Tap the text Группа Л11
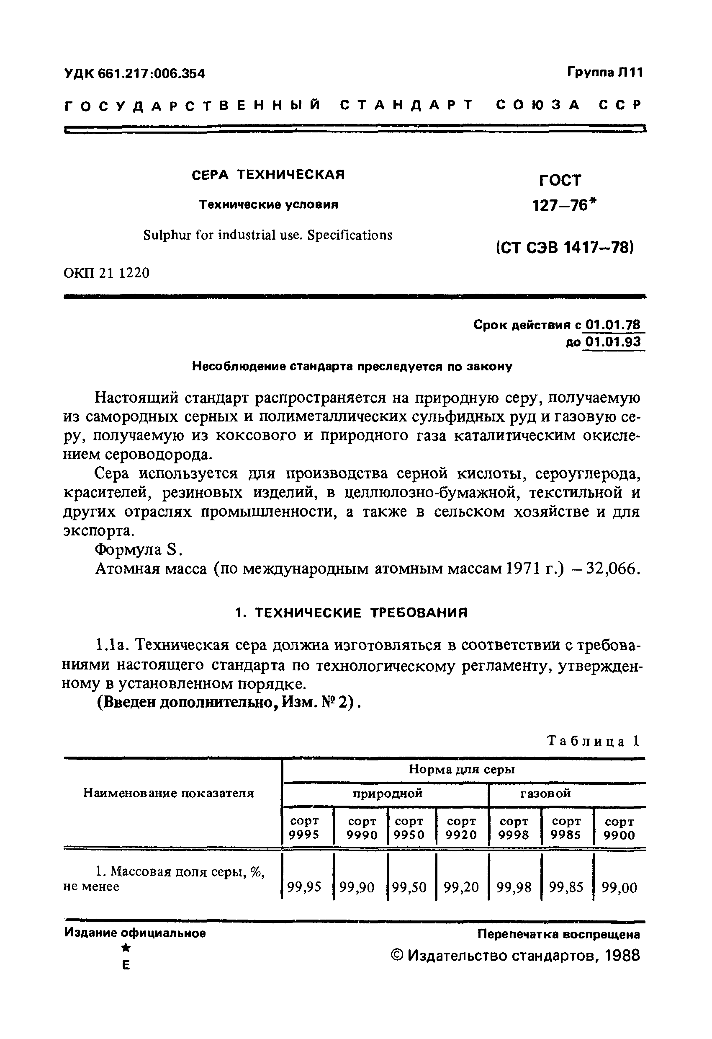[x=605, y=72]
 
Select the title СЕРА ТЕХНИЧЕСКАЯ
[x=268, y=174]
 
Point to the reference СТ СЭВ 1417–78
[x=565, y=247]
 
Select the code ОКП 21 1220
[x=107, y=273]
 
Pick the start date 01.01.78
[x=612, y=325]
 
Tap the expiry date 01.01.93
[x=612, y=342]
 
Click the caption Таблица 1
[x=594, y=741]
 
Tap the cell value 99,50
[x=410, y=887]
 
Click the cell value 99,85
[x=566, y=887]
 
